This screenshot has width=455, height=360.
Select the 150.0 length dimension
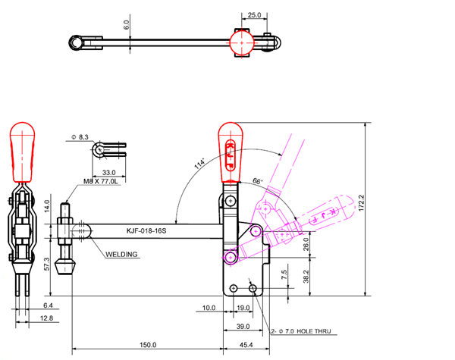(x=149, y=345)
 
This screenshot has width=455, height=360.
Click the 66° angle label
(x=257, y=182)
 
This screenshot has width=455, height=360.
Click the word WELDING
(x=121, y=255)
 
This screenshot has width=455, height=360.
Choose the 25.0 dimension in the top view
(x=254, y=14)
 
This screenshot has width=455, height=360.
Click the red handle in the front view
(x=230, y=152)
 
